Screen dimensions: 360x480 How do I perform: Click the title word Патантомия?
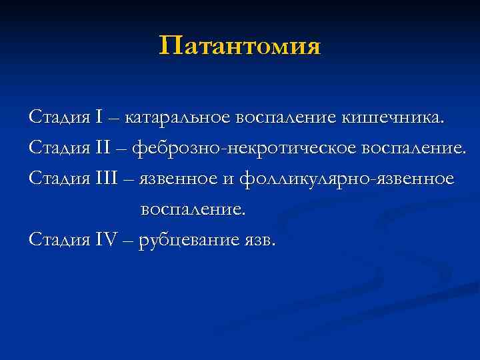click(x=240, y=47)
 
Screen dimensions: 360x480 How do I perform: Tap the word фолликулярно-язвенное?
click(x=346, y=179)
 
